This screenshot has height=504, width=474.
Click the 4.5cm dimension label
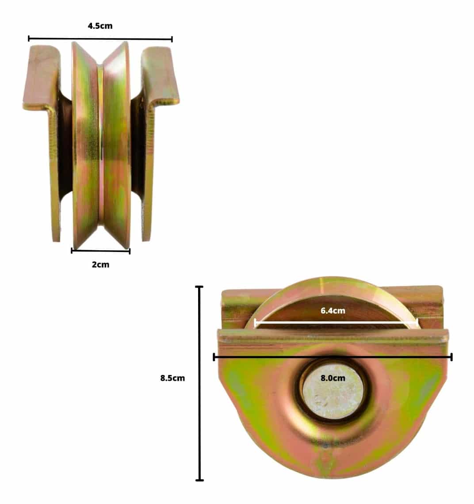[100, 26]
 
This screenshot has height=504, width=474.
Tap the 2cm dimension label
[100, 264]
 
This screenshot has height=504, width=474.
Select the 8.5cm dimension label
[172, 378]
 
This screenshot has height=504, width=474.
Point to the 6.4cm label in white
[333, 310]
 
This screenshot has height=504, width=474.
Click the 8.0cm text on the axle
[333, 378]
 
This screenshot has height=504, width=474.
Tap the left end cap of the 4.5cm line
[29, 38]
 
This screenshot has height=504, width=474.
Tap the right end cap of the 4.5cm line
[172, 39]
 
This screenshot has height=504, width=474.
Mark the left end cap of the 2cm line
[72, 250]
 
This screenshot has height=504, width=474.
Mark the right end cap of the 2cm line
[130, 251]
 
